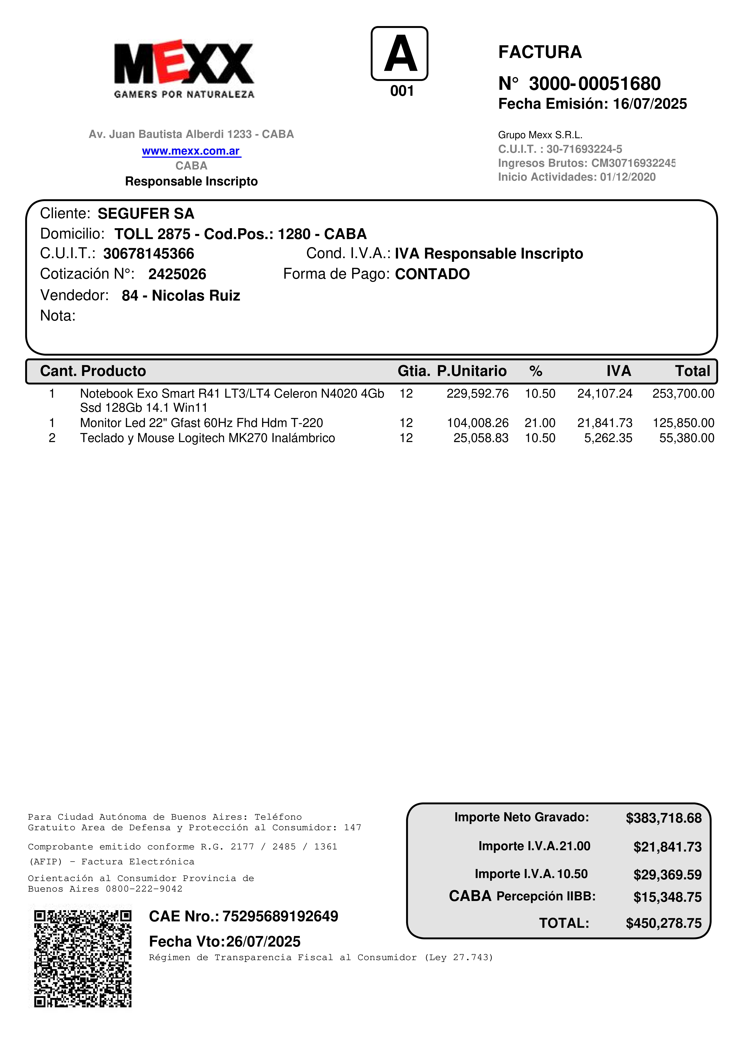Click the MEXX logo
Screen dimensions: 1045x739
(x=184, y=68)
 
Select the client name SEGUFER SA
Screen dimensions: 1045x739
(x=146, y=213)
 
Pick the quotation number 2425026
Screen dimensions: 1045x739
(x=177, y=274)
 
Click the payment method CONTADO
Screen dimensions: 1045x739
(x=432, y=274)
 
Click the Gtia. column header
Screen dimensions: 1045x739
(x=413, y=371)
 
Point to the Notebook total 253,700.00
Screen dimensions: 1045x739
(x=683, y=394)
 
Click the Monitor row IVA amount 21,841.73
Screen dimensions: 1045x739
(x=605, y=423)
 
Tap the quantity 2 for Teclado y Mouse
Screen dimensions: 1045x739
(x=52, y=438)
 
